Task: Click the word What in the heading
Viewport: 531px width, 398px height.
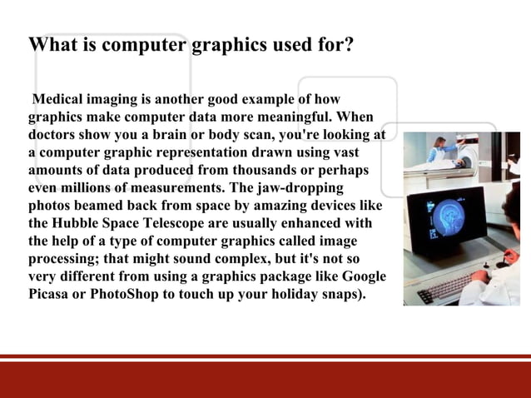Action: (52, 44)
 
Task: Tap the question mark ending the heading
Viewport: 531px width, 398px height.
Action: (349, 44)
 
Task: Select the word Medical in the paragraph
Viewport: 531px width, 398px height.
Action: (59, 101)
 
